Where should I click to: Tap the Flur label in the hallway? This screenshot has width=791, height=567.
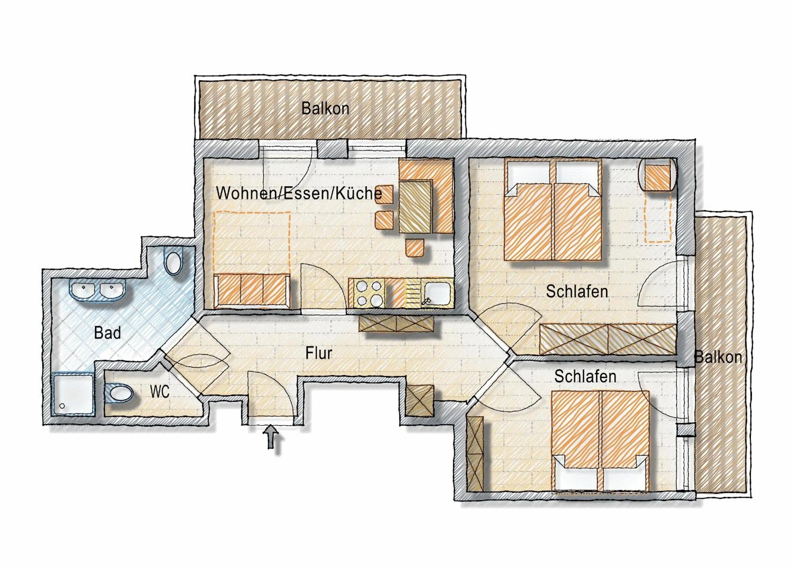coord(318,353)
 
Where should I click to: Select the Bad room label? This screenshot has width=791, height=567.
coord(107,333)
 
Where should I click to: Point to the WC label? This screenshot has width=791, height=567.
coord(160,392)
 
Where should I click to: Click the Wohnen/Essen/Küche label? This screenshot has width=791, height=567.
coord(299,193)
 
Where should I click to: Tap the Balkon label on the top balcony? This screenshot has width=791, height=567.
coord(325,108)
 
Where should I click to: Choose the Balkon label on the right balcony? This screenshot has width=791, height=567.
coord(718,357)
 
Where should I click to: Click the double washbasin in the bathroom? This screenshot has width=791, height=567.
coord(98,290)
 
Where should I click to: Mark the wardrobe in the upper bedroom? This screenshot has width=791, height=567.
coord(608,339)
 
